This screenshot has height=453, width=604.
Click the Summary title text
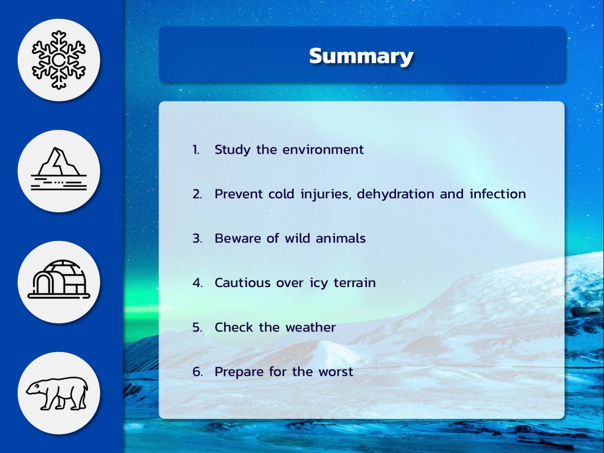coord(361,56)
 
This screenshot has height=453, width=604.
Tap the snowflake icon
coord(58,60)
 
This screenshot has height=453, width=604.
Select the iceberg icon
coord(58,169)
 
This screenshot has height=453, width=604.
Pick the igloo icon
coord(58,279)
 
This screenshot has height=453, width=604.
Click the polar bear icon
coord(57,393)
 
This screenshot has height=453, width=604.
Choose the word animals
coord(340,238)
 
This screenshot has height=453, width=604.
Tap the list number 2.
coord(197,194)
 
